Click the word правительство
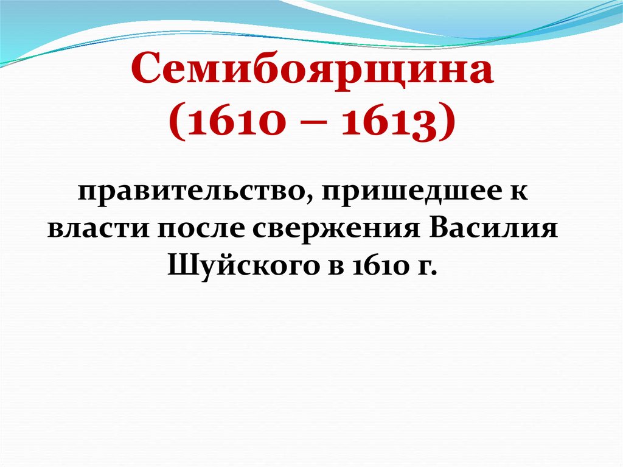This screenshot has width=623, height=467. (189, 195)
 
